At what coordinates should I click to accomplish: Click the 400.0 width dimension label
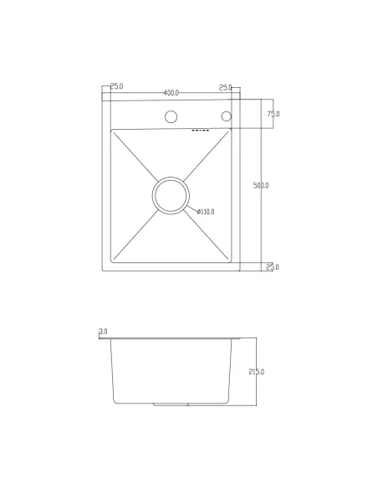tap(171, 93)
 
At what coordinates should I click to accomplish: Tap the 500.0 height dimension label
tap(261, 186)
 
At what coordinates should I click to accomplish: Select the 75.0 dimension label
tap(273, 114)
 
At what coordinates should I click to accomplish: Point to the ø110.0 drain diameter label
tap(206, 212)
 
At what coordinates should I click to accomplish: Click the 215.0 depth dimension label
tap(257, 372)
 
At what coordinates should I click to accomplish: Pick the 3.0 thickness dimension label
tap(103, 332)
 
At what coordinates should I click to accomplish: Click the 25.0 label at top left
tap(117, 86)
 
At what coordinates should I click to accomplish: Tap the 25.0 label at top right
tap(226, 88)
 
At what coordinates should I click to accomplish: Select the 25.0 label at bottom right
tap(273, 267)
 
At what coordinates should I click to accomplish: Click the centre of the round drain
tap(171, 196)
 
